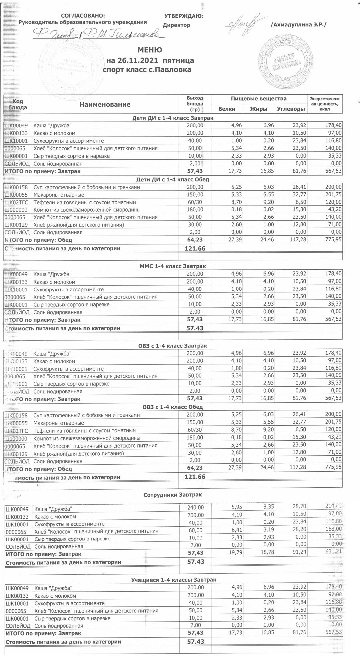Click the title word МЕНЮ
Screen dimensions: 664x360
coord(150,50)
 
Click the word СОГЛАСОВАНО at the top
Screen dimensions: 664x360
coord(83,16)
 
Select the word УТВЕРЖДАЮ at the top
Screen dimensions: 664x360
coord(184,16)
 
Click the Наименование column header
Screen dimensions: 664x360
coord(105,105)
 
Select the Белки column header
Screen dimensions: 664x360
coord(227,109)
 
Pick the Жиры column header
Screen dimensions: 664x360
coord(259,109)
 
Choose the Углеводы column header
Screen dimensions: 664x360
coord(291,109)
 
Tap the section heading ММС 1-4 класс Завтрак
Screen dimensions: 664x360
coord(173,266)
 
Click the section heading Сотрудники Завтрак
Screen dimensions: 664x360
coord(173,495)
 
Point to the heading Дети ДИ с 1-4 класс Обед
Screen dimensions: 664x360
coord(173,180)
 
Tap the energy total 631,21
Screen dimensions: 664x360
coord(333,552)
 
